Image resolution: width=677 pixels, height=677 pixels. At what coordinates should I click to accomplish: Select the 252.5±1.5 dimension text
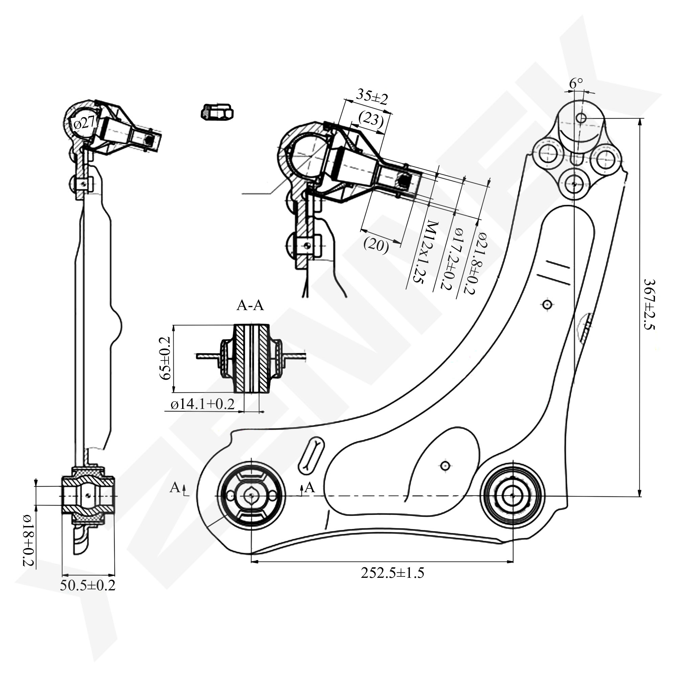point(392,573)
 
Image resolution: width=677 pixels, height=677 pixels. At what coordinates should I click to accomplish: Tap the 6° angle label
point(576,83)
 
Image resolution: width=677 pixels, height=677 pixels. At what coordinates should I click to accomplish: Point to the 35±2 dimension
point(372,97)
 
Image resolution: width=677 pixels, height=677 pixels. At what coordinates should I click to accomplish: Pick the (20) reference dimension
point(376,245)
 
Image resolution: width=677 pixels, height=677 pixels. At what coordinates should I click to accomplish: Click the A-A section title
point(250,306)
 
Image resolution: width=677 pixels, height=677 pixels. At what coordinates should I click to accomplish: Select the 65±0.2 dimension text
point(165,358)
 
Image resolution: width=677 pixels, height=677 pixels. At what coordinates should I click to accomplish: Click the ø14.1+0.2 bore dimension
point(202,405)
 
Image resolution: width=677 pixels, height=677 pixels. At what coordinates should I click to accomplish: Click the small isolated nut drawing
point(217,112)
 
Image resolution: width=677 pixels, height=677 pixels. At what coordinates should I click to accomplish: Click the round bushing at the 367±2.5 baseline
point(512,496)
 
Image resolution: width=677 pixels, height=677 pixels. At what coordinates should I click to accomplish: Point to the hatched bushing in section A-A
point(252,358)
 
